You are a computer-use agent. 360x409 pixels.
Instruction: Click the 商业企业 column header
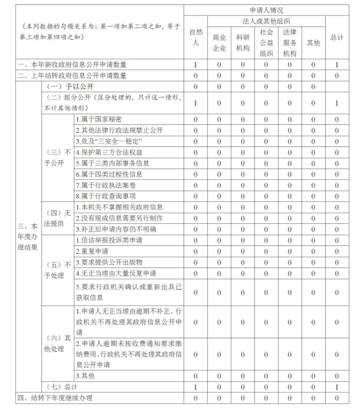pyautogui.click(x=220, y=43)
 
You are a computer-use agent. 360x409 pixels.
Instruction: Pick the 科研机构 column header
pyautogui.click(x=243, y=43)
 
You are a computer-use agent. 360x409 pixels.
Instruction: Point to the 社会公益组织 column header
pyautogui.click(x=266, y=43)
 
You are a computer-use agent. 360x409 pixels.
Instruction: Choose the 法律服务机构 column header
pyautogui.click(x=290, y=43)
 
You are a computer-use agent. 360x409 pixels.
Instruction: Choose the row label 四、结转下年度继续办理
pyautogui.click(x=55, y=398)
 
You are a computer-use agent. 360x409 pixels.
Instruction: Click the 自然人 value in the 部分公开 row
pyautogui.click(x=195, y=103)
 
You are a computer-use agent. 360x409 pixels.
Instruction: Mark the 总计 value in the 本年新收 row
pyautogui.click(x=336, y=65)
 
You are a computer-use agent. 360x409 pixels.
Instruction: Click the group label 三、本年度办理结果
pyautogui.click(x=28, y=237)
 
